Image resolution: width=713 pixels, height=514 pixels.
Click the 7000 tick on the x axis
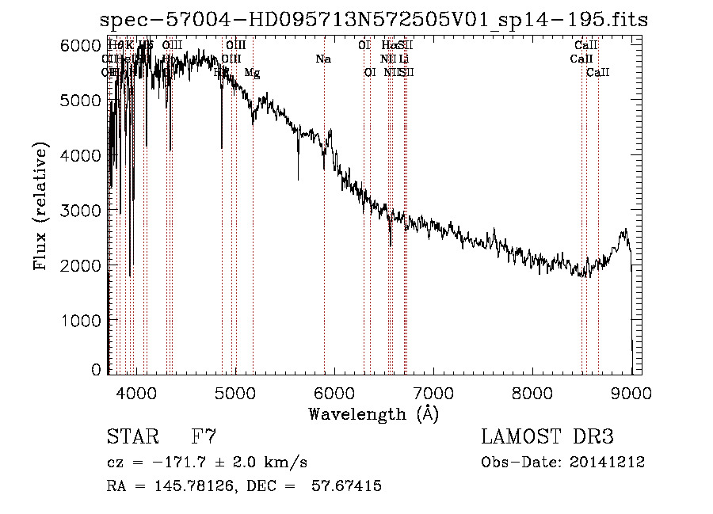point(433,392)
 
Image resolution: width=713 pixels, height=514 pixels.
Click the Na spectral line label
point(323,59)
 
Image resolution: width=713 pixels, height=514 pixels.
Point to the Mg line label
point(252,73)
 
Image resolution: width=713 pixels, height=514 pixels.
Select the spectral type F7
point(204,436)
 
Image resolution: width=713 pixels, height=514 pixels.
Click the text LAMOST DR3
point(547,436)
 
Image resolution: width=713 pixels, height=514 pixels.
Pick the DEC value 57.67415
point(348,486)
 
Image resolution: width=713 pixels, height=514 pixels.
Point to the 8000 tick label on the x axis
point(532,392)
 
